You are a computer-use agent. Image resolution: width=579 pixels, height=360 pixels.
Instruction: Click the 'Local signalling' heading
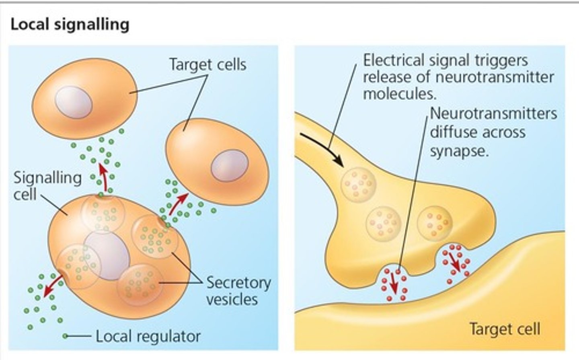[x=70, y=25]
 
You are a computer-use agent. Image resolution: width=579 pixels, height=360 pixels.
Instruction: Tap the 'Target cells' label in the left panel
[x=207, y=65]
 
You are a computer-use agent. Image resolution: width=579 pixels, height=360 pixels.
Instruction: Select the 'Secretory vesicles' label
[x=238, y=291]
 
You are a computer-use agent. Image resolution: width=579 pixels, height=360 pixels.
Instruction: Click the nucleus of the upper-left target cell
[x=74, y=102]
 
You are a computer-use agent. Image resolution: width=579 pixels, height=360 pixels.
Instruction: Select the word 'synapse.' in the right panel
[x=459, y=151]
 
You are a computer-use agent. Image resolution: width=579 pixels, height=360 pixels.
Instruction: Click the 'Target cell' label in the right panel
[x=504, y=329]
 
